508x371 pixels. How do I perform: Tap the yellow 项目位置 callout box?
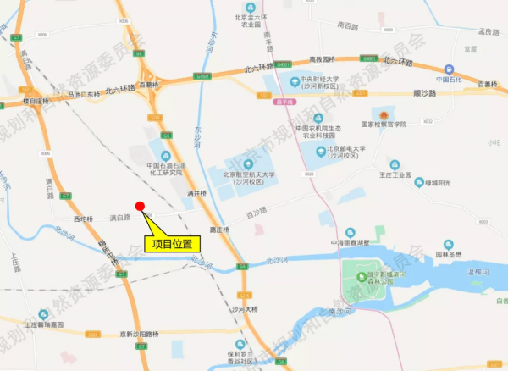click(172, 243)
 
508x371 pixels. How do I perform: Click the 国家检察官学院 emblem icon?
click(385, 114)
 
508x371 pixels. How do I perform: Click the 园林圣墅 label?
click(448, 253)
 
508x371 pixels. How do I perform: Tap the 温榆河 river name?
click(479, 271)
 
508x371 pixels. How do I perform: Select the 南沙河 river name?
click(337, 311)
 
